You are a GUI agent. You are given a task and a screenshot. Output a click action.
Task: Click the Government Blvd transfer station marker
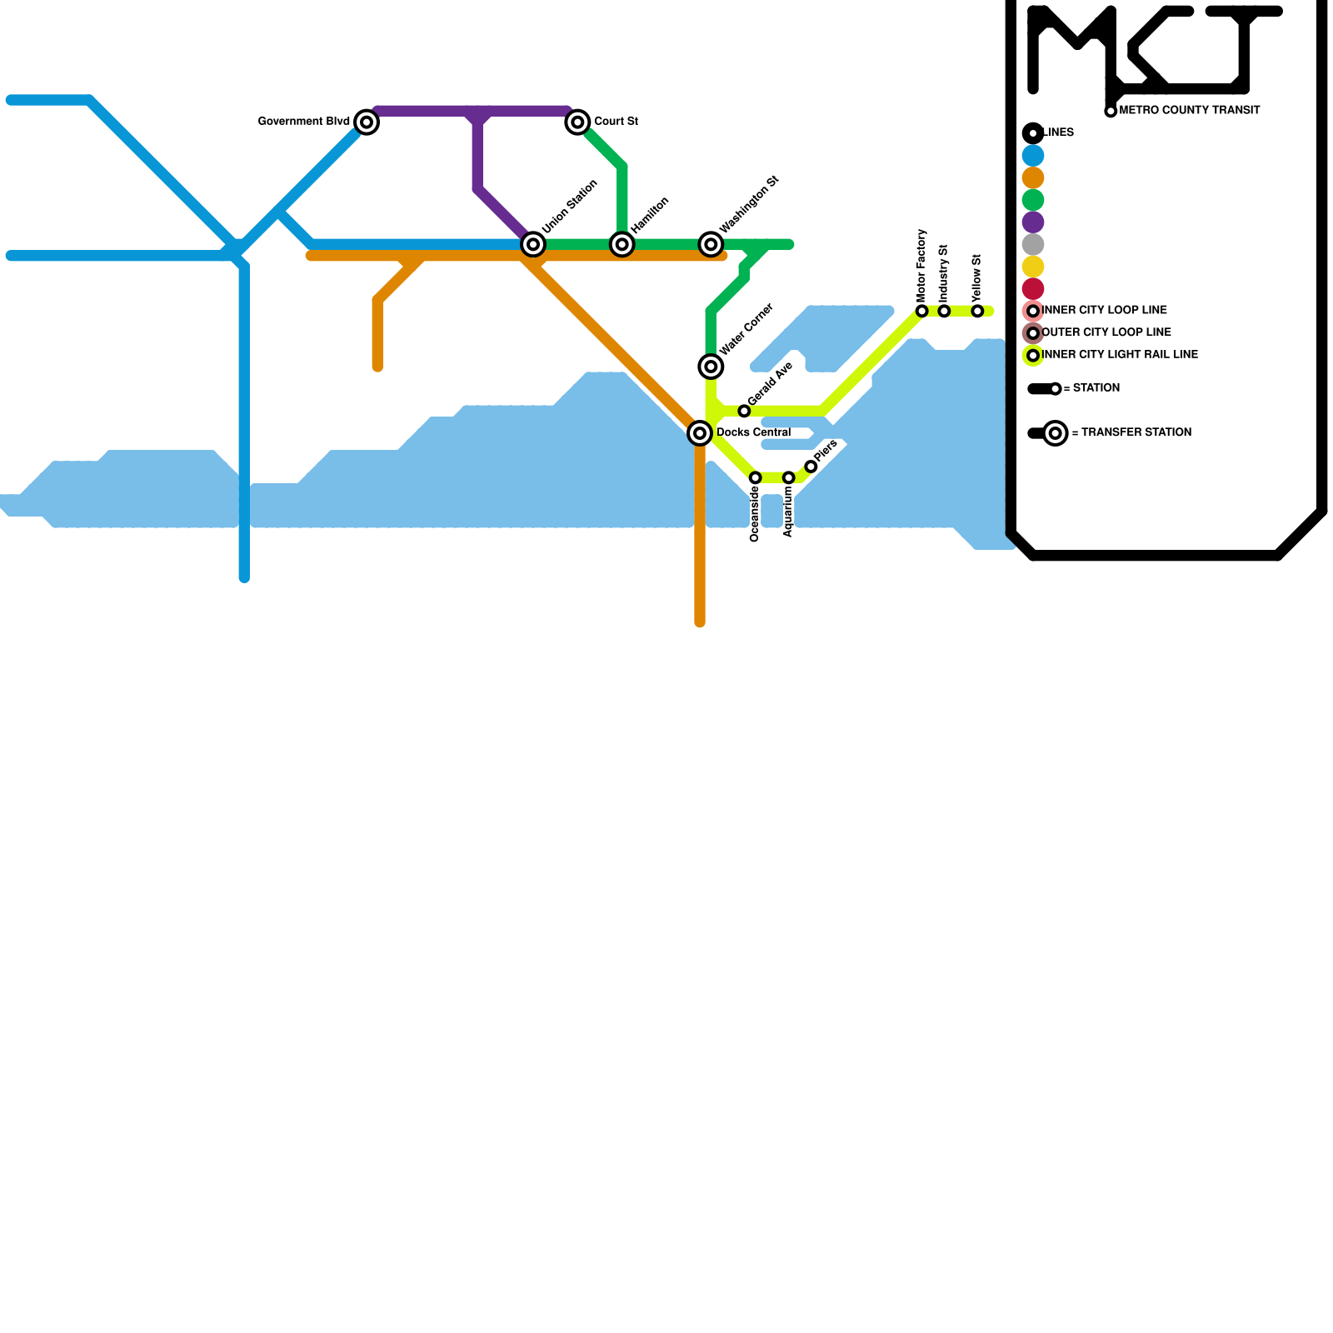pos(367,122)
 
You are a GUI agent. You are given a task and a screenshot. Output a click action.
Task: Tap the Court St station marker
pos(577,122)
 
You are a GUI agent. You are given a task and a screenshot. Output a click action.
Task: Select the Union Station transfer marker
pos(533,244)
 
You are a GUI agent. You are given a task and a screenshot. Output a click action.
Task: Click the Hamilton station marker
pos(622,244)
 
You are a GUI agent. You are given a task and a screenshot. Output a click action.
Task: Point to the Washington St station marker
pos(711,244)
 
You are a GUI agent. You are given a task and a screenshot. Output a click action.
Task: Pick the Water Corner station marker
pos(711,367)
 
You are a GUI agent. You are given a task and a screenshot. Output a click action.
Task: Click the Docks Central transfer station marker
pos(700,433)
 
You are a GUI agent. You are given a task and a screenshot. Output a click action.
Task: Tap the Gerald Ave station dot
pos(744,411)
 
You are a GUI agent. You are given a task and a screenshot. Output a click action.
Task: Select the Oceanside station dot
pos(755,477)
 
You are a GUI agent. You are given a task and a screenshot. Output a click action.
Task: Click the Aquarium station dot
pos(788,477)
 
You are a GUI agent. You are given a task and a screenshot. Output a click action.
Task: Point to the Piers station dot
pos(811,467)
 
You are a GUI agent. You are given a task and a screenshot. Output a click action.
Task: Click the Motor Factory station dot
pos(921,311)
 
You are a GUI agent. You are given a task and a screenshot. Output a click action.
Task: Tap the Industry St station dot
pos(944,311)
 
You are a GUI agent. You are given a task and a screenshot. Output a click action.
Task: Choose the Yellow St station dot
pos(977,311)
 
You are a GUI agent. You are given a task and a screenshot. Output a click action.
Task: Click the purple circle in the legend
pos(1033,222)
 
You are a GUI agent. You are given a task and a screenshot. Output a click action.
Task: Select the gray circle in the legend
pos(1033,244)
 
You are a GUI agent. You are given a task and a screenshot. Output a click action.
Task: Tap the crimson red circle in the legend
pos(1033,289)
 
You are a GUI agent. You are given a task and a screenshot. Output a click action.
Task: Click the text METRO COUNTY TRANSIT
pos(1190,110)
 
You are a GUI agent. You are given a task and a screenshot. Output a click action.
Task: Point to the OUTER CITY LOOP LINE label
pos(1106,332)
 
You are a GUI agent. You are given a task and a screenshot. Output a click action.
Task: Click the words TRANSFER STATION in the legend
pos(1136,432)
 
